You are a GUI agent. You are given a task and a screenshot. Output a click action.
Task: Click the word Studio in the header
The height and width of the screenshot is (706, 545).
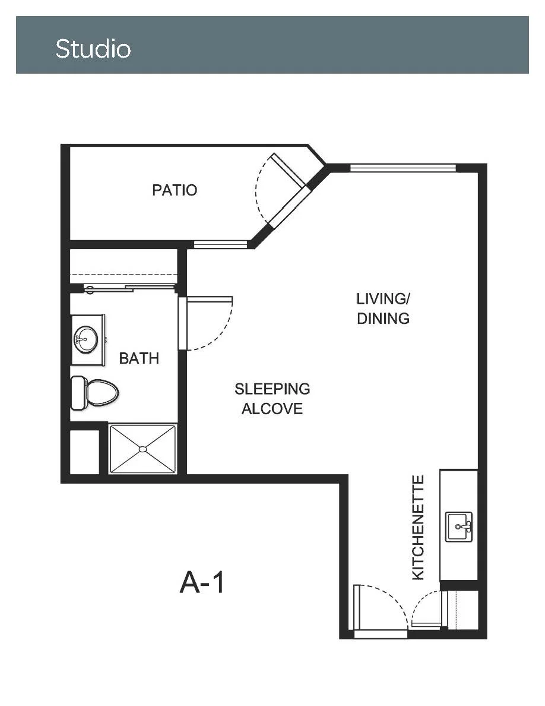click(93, 49)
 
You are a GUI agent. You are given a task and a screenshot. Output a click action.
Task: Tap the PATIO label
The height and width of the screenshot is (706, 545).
click(175, 190)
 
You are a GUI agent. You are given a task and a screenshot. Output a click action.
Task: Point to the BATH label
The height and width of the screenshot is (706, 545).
click(139, 358)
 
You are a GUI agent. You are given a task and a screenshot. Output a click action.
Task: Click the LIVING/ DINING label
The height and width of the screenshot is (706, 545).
click(383, 308)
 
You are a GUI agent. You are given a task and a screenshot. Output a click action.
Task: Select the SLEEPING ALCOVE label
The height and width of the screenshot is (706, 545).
click(272, 399)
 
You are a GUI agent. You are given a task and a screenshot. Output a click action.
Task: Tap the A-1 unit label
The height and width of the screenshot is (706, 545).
click(202, 582)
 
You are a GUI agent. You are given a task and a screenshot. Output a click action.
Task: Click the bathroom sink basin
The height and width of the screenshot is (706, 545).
click(86, 339)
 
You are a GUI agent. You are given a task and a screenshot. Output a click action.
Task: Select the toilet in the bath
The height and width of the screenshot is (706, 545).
click(95, 393)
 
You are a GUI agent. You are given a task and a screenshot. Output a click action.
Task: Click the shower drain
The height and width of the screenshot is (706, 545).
click(143, 449)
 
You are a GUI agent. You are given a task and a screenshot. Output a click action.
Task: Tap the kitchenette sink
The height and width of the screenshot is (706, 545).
click(459, 527)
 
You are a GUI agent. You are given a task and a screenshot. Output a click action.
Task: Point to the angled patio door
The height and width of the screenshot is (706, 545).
click(289, 170)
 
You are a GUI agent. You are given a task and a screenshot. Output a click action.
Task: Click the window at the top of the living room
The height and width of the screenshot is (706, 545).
click(403, 168)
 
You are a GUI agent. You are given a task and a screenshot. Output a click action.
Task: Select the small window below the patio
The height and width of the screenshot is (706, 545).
click(220, 244)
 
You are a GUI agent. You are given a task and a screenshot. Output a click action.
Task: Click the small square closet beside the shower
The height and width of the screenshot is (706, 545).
click(84, 452)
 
